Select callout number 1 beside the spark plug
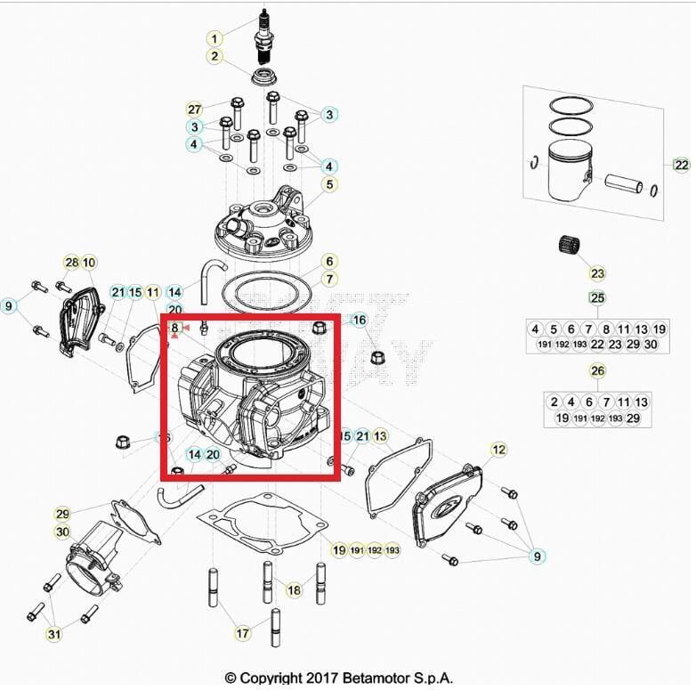[214, 38]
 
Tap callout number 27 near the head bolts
[195, 109]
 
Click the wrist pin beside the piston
[627, 184]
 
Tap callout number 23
[596, 273]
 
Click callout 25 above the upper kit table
[596, 297]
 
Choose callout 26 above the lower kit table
[596, 370]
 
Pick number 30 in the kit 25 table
[651, 345]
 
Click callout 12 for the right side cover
[498, 450]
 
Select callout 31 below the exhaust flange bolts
[54, 634]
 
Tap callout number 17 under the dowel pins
[242, 633]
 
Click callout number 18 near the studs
[294, 589]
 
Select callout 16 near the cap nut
[359, 320]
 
